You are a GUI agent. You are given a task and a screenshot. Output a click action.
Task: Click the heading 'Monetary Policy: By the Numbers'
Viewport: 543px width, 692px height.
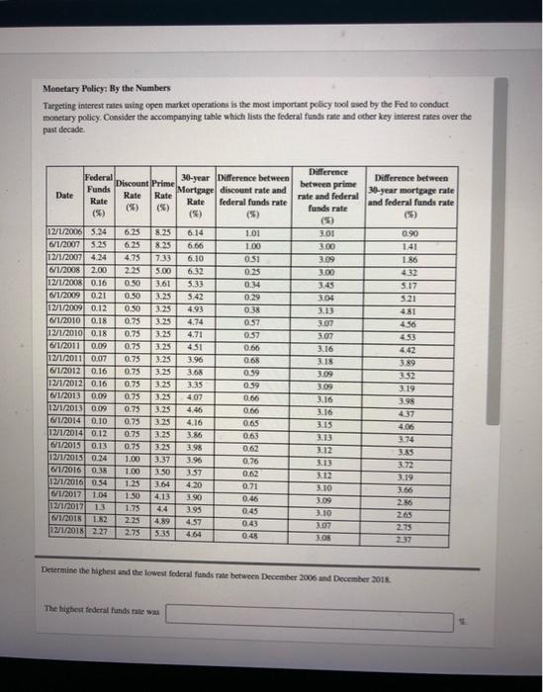pyautogui.click(x=105, y=87)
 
